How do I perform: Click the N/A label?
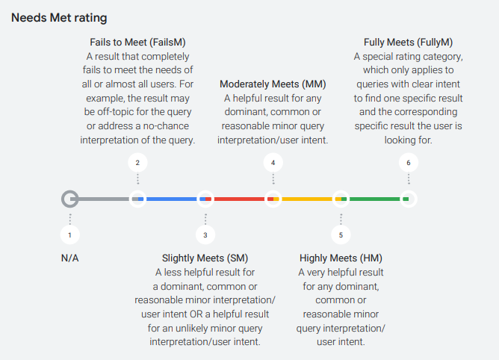[x=69, y=258]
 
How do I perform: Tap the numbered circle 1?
[x=69, y=235]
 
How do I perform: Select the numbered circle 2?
[x=137, y=162]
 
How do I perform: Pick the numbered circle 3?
[x=205, y=235]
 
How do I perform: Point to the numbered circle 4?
[x=273, y=162]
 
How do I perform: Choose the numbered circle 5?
[x=341, y=235]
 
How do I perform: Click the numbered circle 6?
[x=409, y=162]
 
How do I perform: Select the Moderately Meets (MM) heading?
[x=273, y=84]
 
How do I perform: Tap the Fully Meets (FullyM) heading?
[x=408, y=43]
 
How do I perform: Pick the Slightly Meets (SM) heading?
[x=205, y=258]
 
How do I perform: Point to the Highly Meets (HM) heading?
[x=341, y=258]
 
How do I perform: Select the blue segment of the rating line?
[x=171, y=199]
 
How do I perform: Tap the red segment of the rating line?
[x=239, y=199]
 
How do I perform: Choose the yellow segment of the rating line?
[x=307, y=199]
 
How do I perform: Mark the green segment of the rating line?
[x=374, y=199]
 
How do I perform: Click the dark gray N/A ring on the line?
[x=69, y=199]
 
